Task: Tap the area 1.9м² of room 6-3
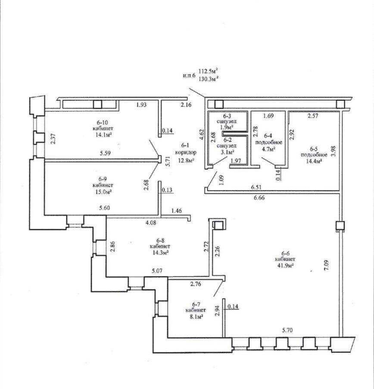pos(227,127)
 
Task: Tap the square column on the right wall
pos(340,225)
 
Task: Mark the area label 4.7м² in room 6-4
pos(268,149)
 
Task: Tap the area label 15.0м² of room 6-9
pos(100,190)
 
